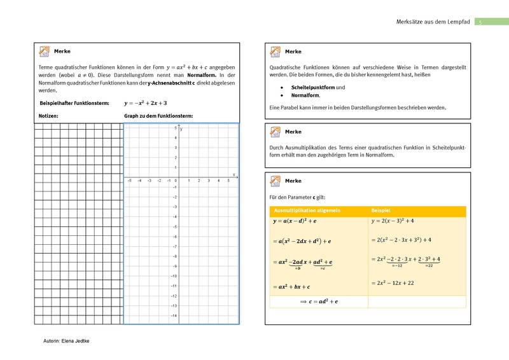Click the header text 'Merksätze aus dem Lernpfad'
(432, 22)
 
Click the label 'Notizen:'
(49, 116)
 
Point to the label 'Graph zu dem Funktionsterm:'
(158, 116)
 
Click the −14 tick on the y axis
(173, 316)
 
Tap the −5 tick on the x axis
(129, 181)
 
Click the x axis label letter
(234, 174)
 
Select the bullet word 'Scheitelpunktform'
(312, 87)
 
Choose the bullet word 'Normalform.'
(305, 95)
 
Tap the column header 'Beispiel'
(381, 210)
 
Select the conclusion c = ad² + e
(319, 301)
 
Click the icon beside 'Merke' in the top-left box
(45, 51)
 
